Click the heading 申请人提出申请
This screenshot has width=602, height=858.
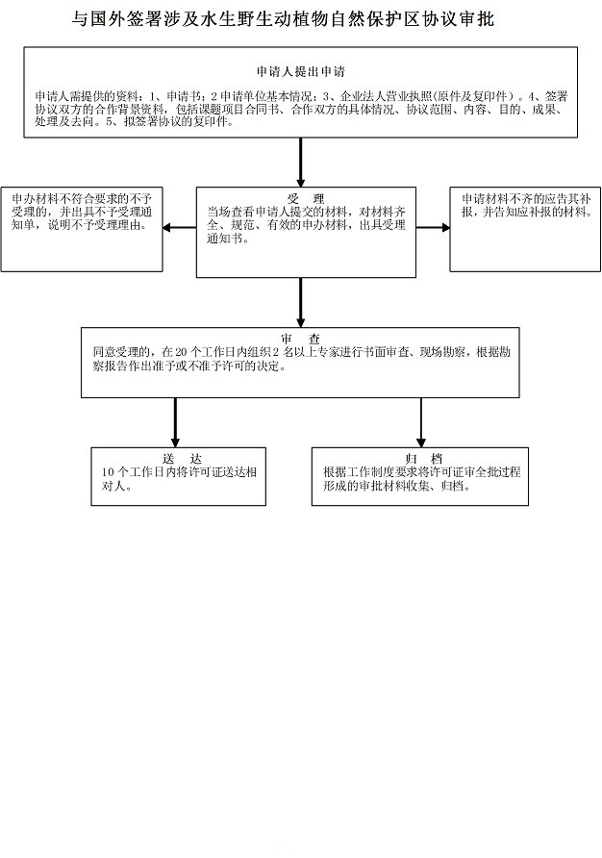pos(301,72)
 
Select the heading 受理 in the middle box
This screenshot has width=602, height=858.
pos(306,199)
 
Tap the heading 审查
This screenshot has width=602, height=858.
pos(301,340)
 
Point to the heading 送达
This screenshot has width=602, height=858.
pos(175,459)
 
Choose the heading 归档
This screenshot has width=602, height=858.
pos(420,459)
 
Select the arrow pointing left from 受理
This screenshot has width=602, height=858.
pos(180,228)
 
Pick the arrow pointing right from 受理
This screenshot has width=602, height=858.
pos(433,228)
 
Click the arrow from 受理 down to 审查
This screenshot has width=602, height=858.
pos(301,302)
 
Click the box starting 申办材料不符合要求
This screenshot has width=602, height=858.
pos(82,229)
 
